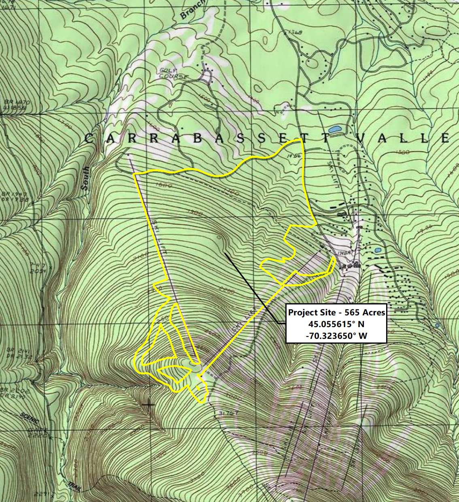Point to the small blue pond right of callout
point(437,325)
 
